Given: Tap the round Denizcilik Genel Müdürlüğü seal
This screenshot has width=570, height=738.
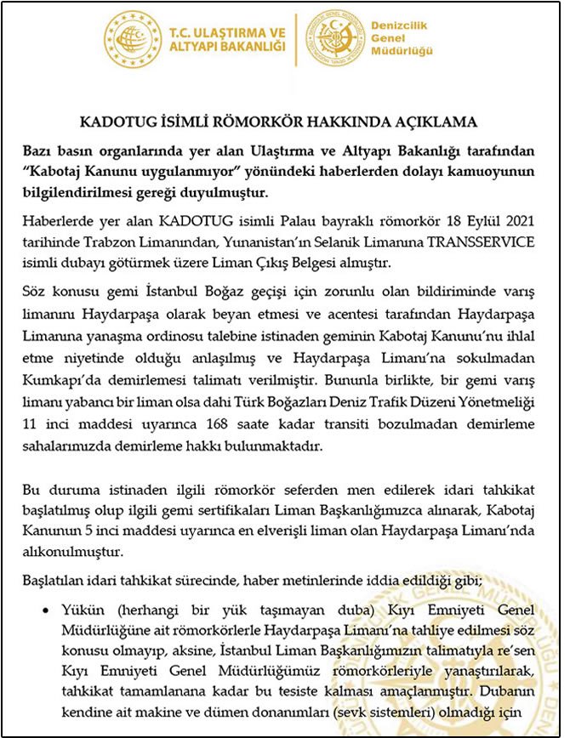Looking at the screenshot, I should click(334, 40).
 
